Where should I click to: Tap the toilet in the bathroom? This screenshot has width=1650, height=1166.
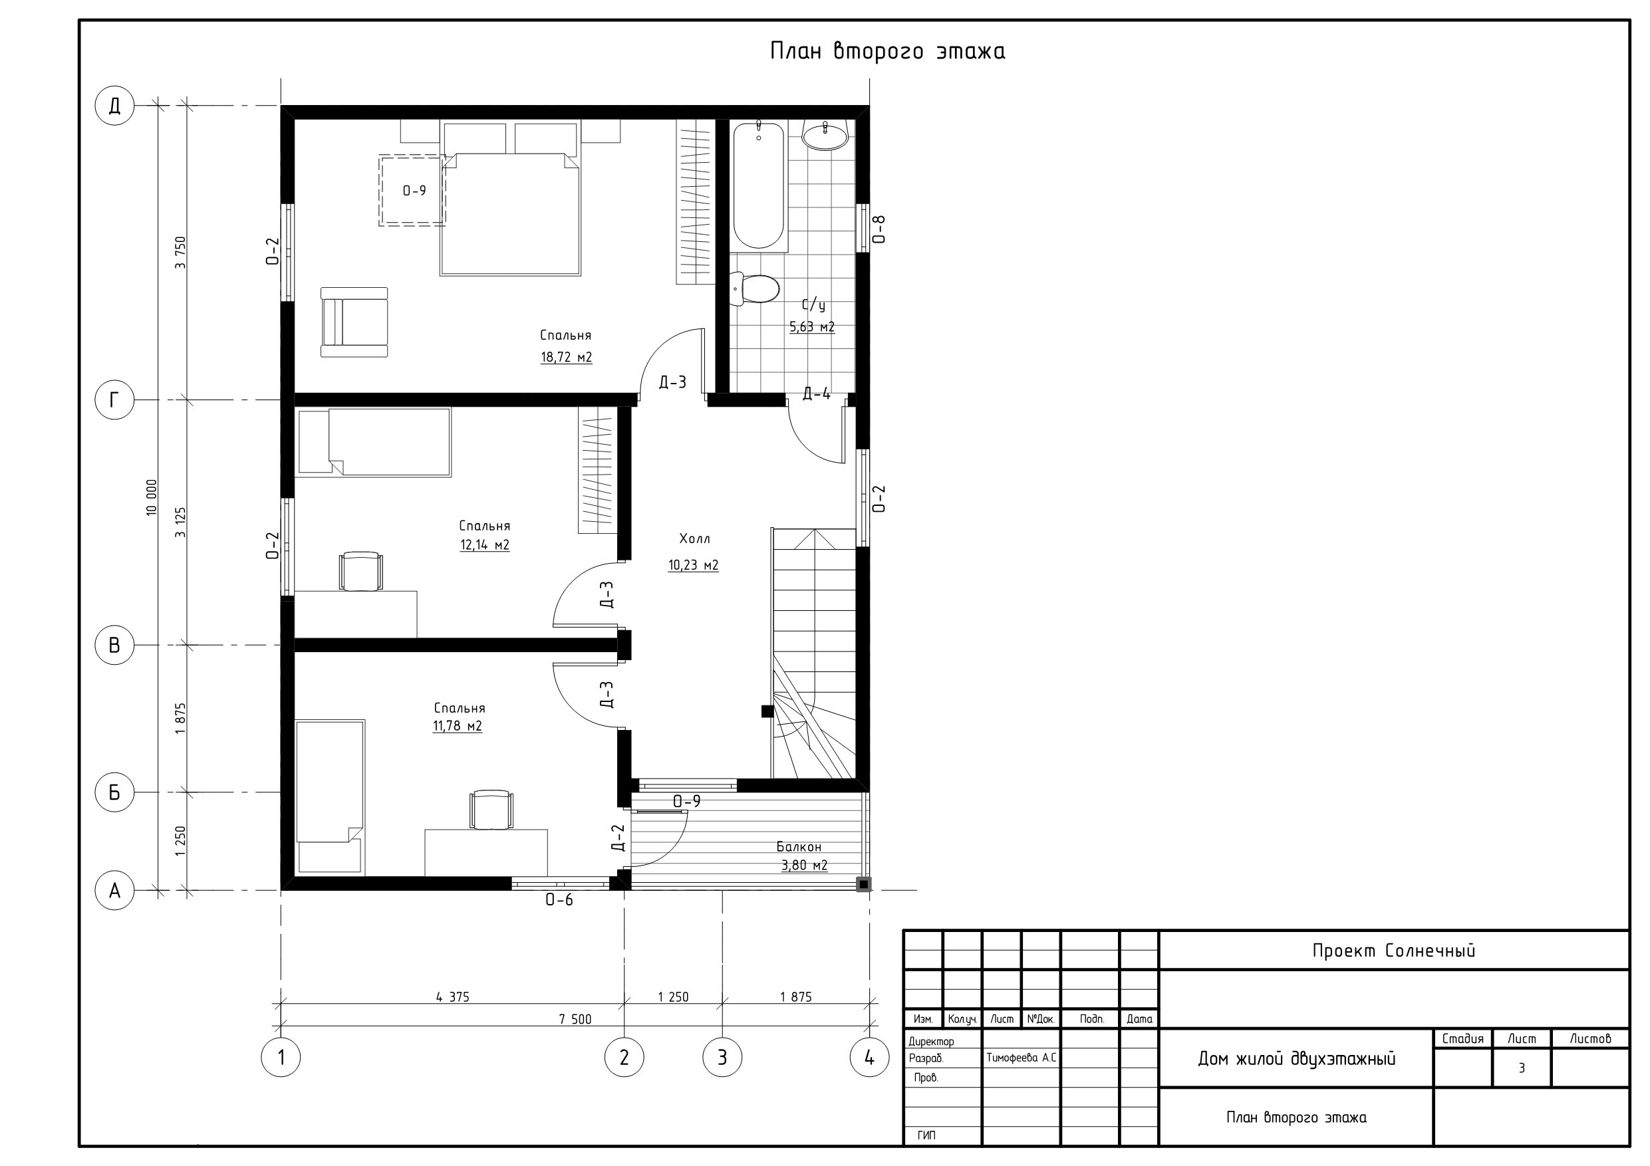(x=754, y=289)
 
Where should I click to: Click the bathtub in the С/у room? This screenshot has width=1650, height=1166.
(x=759, y=186)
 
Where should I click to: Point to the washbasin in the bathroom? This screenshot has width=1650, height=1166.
(x=825, y=135)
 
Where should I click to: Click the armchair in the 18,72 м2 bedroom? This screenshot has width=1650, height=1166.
(x=354, y=322)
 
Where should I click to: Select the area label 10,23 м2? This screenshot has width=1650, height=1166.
(x=694, y=566)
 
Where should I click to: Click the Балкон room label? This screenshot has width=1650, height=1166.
(x=799, y=846)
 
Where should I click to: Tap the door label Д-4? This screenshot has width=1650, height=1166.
(x=817, y=394)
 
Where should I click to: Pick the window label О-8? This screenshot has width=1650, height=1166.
(x=878, y=229)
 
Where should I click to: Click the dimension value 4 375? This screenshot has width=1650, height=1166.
(x=453, y=996)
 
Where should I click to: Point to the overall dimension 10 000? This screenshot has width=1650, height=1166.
(x=151, y=497)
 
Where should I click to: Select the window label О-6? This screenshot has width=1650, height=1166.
(x=559, y=899)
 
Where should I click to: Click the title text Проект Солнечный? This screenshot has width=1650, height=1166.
(x=1393, y=951)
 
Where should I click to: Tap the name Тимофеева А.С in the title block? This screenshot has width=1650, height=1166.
(x=1021, y=1058)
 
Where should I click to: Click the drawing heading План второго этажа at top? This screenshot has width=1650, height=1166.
(x=888, y=51)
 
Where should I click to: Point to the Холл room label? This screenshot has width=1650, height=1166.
(x=695, y=538)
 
